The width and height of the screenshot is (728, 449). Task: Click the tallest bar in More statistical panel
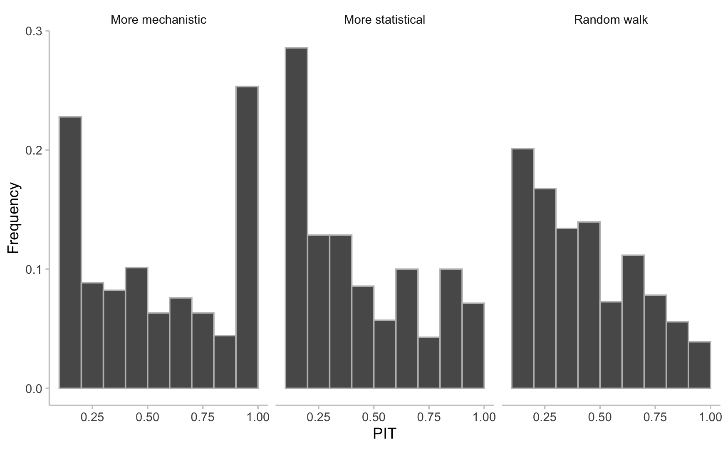296,218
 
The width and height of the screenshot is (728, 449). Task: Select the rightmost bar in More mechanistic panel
247,237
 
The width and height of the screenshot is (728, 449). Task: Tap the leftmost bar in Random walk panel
522,268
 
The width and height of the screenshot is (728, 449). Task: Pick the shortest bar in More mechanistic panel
225,362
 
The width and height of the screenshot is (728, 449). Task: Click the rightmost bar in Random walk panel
699,365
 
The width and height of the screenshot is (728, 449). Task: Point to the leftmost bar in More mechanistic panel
70,253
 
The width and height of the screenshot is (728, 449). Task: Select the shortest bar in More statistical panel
429,363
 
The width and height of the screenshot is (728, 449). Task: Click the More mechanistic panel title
158,20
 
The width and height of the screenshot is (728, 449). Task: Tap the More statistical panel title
384,20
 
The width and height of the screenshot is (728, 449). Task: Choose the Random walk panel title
611,20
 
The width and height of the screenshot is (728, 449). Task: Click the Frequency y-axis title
13,218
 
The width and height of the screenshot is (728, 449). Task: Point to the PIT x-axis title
384,434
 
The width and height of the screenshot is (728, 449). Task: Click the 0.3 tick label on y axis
34,31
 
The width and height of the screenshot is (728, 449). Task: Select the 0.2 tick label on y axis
34,150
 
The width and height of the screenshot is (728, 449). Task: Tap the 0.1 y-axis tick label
34,270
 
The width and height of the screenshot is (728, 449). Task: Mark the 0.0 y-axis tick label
34,389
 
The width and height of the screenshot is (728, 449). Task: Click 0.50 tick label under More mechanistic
148,417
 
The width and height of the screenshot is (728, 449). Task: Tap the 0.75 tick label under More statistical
429,417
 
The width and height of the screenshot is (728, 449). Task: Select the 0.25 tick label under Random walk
545,417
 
